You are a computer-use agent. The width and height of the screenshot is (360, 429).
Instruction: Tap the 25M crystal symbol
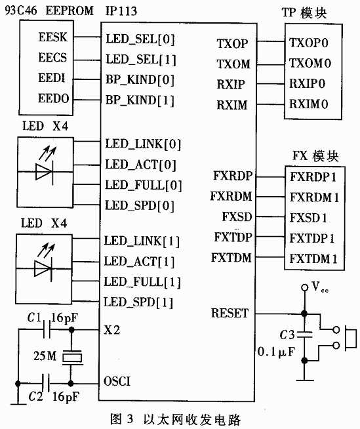[70, 357]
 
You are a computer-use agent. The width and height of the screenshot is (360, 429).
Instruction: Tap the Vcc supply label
[317, 286]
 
